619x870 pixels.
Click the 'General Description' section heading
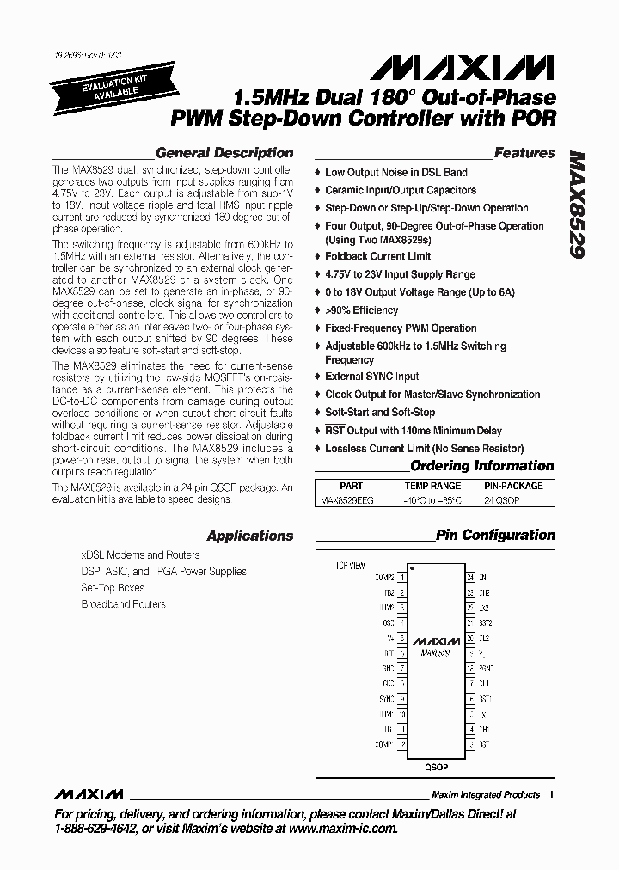point(224,153)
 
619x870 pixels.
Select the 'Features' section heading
point(524,153)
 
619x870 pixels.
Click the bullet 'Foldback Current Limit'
point(377,256)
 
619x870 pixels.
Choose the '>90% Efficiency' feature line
point(361,310)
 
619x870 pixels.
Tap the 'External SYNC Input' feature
point(371,377)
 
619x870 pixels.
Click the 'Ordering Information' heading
point(482,466)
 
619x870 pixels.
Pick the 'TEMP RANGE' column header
point(432,486)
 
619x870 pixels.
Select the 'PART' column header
point(351,486)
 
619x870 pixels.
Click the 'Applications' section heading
point(249,536)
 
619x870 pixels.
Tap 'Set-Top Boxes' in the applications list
point(113,588)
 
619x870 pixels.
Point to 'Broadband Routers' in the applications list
point(124,604)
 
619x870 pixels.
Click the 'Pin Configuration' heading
point(495,535)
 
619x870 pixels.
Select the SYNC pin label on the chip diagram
point(386,699)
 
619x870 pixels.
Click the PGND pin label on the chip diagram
point(486,667)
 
